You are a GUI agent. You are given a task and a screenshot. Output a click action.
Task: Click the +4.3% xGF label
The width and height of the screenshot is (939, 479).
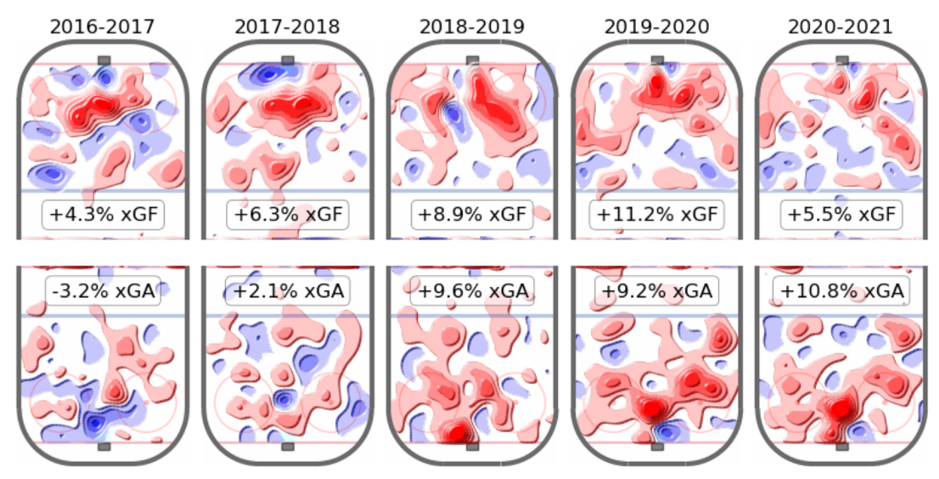[x=103, y=216]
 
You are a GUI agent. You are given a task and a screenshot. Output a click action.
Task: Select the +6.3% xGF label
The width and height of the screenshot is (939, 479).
[x=287, y=216]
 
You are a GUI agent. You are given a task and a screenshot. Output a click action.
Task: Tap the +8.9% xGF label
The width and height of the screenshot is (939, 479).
[x=472, y=216]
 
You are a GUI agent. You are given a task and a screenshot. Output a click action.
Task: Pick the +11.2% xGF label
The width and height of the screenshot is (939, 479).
[x=657, y=216]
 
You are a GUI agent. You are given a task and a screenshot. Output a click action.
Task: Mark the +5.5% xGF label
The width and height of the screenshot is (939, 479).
[x=841, y=216]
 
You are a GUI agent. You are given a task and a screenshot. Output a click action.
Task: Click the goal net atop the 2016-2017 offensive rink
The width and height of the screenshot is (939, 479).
[x=104, y=60]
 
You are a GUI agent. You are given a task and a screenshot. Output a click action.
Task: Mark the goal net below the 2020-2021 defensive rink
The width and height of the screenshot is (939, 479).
[x=841, y=446]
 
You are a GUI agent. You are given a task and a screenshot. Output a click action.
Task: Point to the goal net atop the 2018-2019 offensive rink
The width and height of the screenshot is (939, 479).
[x=473, y=60]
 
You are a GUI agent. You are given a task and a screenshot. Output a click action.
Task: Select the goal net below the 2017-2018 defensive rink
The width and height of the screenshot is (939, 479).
[x=288, y=446]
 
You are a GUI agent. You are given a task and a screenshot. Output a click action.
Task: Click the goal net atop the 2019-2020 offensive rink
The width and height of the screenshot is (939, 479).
[x=657, y=60]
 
